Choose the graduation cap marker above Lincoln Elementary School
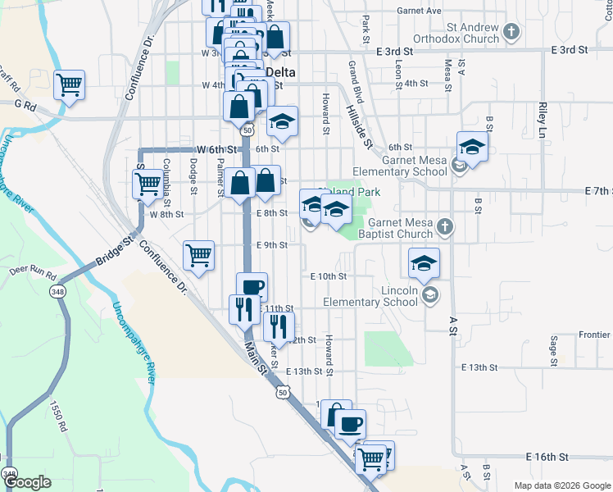424,263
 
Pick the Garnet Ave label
419,11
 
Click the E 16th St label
547,456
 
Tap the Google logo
28,482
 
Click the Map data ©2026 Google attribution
561,485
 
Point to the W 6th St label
217,149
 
